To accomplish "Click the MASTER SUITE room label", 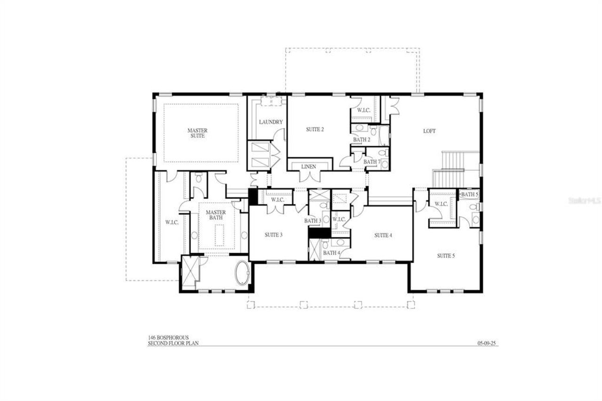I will tap(198, 133).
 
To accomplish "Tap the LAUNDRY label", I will tap(271, 122).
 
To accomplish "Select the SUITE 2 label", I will tap(315, 129).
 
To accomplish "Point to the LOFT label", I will tap(429, 131).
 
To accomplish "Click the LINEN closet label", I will tap(309, 167).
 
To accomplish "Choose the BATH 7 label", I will tap(372, 162).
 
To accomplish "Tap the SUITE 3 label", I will tap(274, 235).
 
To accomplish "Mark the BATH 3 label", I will tap(313, 220).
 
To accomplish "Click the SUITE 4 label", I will tap(383, 235).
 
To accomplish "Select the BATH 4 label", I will tap(331, 253).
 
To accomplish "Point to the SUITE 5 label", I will tap(446, 256).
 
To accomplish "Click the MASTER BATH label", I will tap(215, 215).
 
